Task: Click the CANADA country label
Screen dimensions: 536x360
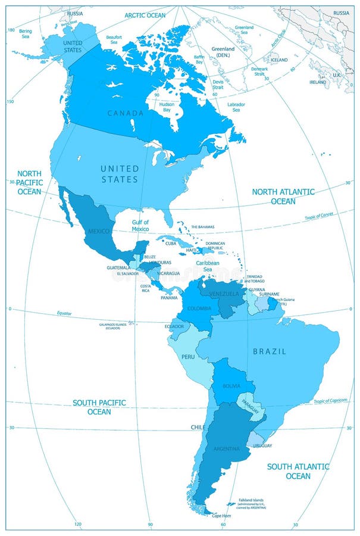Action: point(125,113)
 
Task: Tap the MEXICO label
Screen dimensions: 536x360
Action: point(98,230)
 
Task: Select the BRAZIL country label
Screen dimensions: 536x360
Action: point(270,351)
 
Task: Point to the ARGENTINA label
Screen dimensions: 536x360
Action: point(227,448)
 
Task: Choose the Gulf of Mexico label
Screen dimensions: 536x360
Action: point(140,226)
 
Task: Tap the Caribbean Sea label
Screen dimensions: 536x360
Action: point(208,266)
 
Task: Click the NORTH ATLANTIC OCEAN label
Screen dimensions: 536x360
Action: point(283,197)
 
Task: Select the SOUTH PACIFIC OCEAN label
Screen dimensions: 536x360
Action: point(99,407)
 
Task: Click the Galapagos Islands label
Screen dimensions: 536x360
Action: point(113,326)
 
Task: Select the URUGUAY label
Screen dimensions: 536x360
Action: point(262,445)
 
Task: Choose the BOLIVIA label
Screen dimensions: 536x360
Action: point(231,386)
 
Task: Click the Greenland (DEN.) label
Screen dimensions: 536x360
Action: point(224,52)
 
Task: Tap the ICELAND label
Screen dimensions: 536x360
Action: point(278,60)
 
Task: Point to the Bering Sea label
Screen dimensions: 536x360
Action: point(25,33)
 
